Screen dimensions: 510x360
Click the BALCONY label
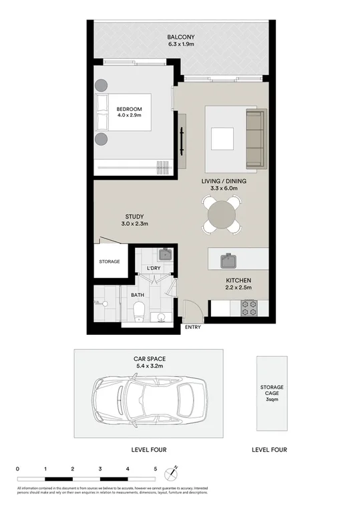coord(180,37)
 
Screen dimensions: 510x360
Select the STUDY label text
coord(135,217)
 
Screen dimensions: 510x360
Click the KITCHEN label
coord(238,281)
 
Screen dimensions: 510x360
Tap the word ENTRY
coord(192,327)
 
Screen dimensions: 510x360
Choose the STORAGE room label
coord(110,261)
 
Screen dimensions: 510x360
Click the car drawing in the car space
coord(149,404)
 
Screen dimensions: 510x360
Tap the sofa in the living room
coord(254,139)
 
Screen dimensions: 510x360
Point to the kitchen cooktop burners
coord(248,307)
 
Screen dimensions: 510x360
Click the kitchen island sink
coord(230,258)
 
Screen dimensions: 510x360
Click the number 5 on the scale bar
coord(156,469)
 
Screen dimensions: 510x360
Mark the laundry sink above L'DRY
coord(164,255)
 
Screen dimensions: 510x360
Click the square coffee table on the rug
coord(222,138)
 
